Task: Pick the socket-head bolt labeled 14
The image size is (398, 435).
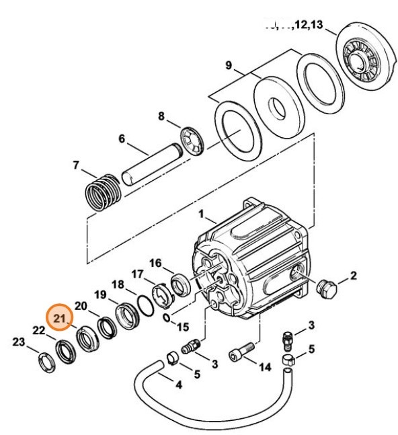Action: [x=243, y=352]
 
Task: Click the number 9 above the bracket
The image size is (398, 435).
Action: [x=229, y=65]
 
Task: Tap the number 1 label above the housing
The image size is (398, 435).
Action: [x=200, y=214]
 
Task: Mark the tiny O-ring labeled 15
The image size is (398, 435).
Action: [x=165, y=316]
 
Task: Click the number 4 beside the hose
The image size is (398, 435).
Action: [x=178, y=385]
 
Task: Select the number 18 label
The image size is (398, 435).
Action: [x=118, y=284]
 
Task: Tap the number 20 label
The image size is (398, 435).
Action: [x=81, y=306]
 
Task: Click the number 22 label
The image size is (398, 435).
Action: [x=40, y=329]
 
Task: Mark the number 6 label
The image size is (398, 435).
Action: [x=122, y=139]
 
